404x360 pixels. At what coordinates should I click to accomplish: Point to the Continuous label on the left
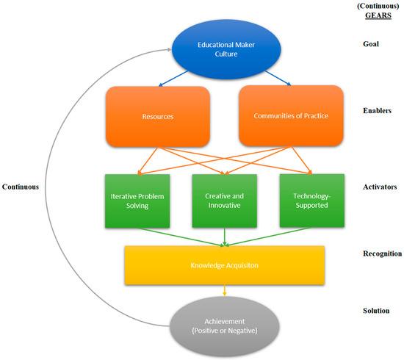[20, 187]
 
